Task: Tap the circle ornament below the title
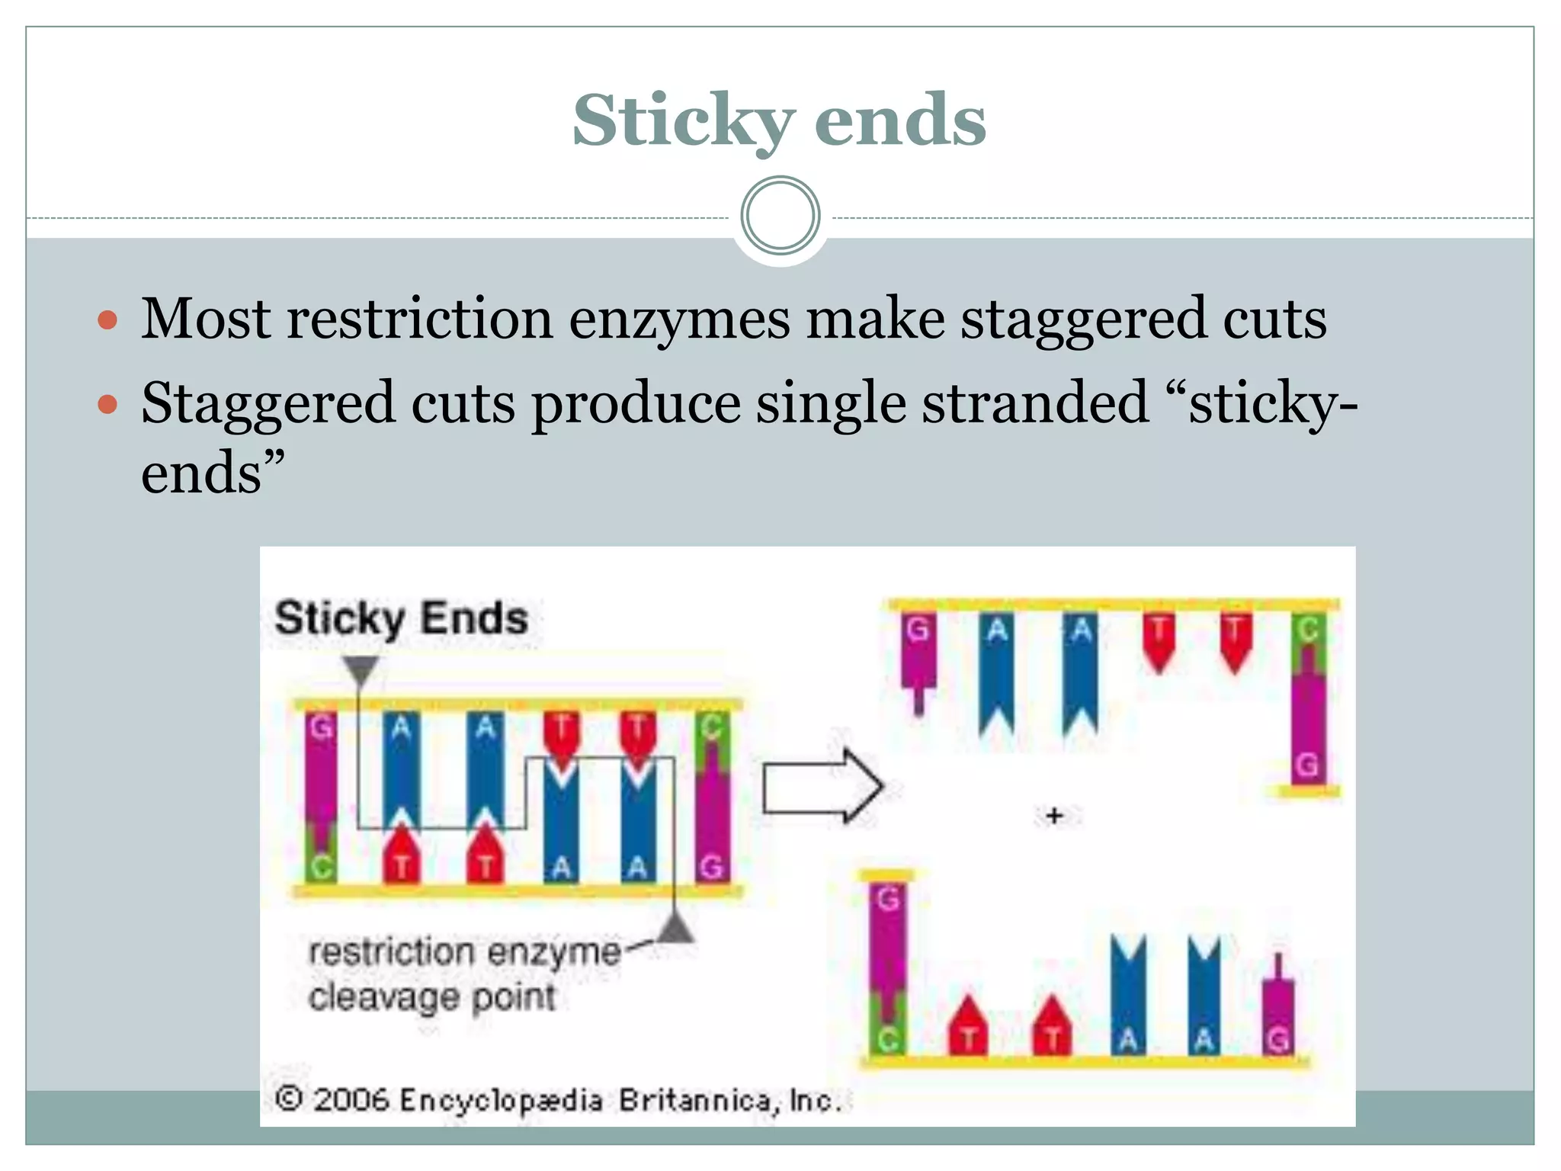point(780,216)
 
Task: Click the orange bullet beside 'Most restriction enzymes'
point(108,319)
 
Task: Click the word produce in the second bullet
point(636,403)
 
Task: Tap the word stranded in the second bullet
point(1035,403)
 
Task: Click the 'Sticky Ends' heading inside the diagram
point(401,618)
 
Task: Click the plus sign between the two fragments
point(1054,816)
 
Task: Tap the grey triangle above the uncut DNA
point(361,670)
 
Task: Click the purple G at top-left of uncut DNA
point(321,728)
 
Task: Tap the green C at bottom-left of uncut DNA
point(321,867)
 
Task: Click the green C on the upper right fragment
point(1308,630)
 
